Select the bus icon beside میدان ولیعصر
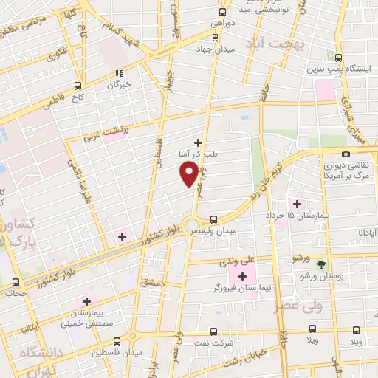[x=213, y=219]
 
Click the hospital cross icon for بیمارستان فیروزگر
[x=242, y=276]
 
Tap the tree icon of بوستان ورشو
[x=321, y=264]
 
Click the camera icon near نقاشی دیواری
[x=346, y=153]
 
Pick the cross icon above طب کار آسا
[x=198, y=142]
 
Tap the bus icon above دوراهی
[x=222, y=11]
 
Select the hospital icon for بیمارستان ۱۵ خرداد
[x=298, y=204]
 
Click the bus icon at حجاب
[x=16, y=282]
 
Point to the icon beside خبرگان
[x=118, y=73]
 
